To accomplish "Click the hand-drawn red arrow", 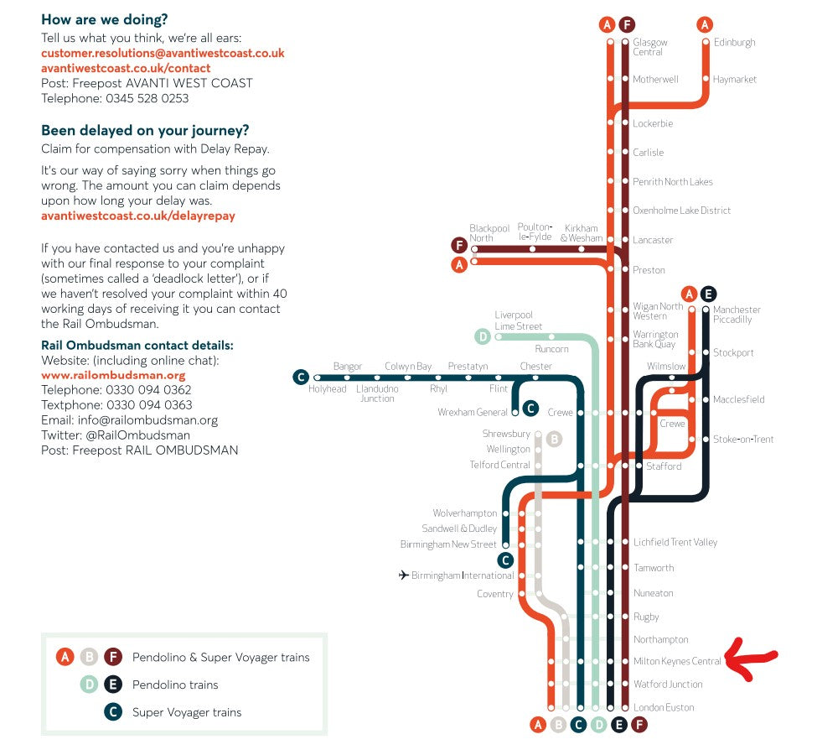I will [x=752, y=659].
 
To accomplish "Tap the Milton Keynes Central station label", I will [x=677, y=662].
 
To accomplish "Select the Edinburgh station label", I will [x=734, y=42].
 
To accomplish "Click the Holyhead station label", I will [x=327, y=389].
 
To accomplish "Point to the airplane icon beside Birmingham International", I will [x=403, y=575].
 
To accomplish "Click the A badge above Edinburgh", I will [x=705, y=24].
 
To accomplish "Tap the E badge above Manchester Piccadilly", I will [x=708, y=294].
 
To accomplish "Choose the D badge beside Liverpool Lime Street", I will [x=483, y=337].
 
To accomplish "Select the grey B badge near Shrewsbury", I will [x=553, y=439].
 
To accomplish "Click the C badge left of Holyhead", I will [x=300, y=377].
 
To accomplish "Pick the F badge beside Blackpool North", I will [x=458, y=245].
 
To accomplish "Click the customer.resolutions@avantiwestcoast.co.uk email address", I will [x=163, y=53].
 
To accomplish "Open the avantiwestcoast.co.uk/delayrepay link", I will [x=138, y=216].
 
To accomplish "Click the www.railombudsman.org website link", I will [x=113, y=375].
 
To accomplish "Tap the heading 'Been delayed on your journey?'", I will [x=145, y=131].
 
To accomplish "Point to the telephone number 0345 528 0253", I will [x=147, y=98].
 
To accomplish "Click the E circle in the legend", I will [x=112, y=685].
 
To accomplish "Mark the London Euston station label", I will [x=664, y=707].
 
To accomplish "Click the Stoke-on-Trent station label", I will [x=743, y=439].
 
